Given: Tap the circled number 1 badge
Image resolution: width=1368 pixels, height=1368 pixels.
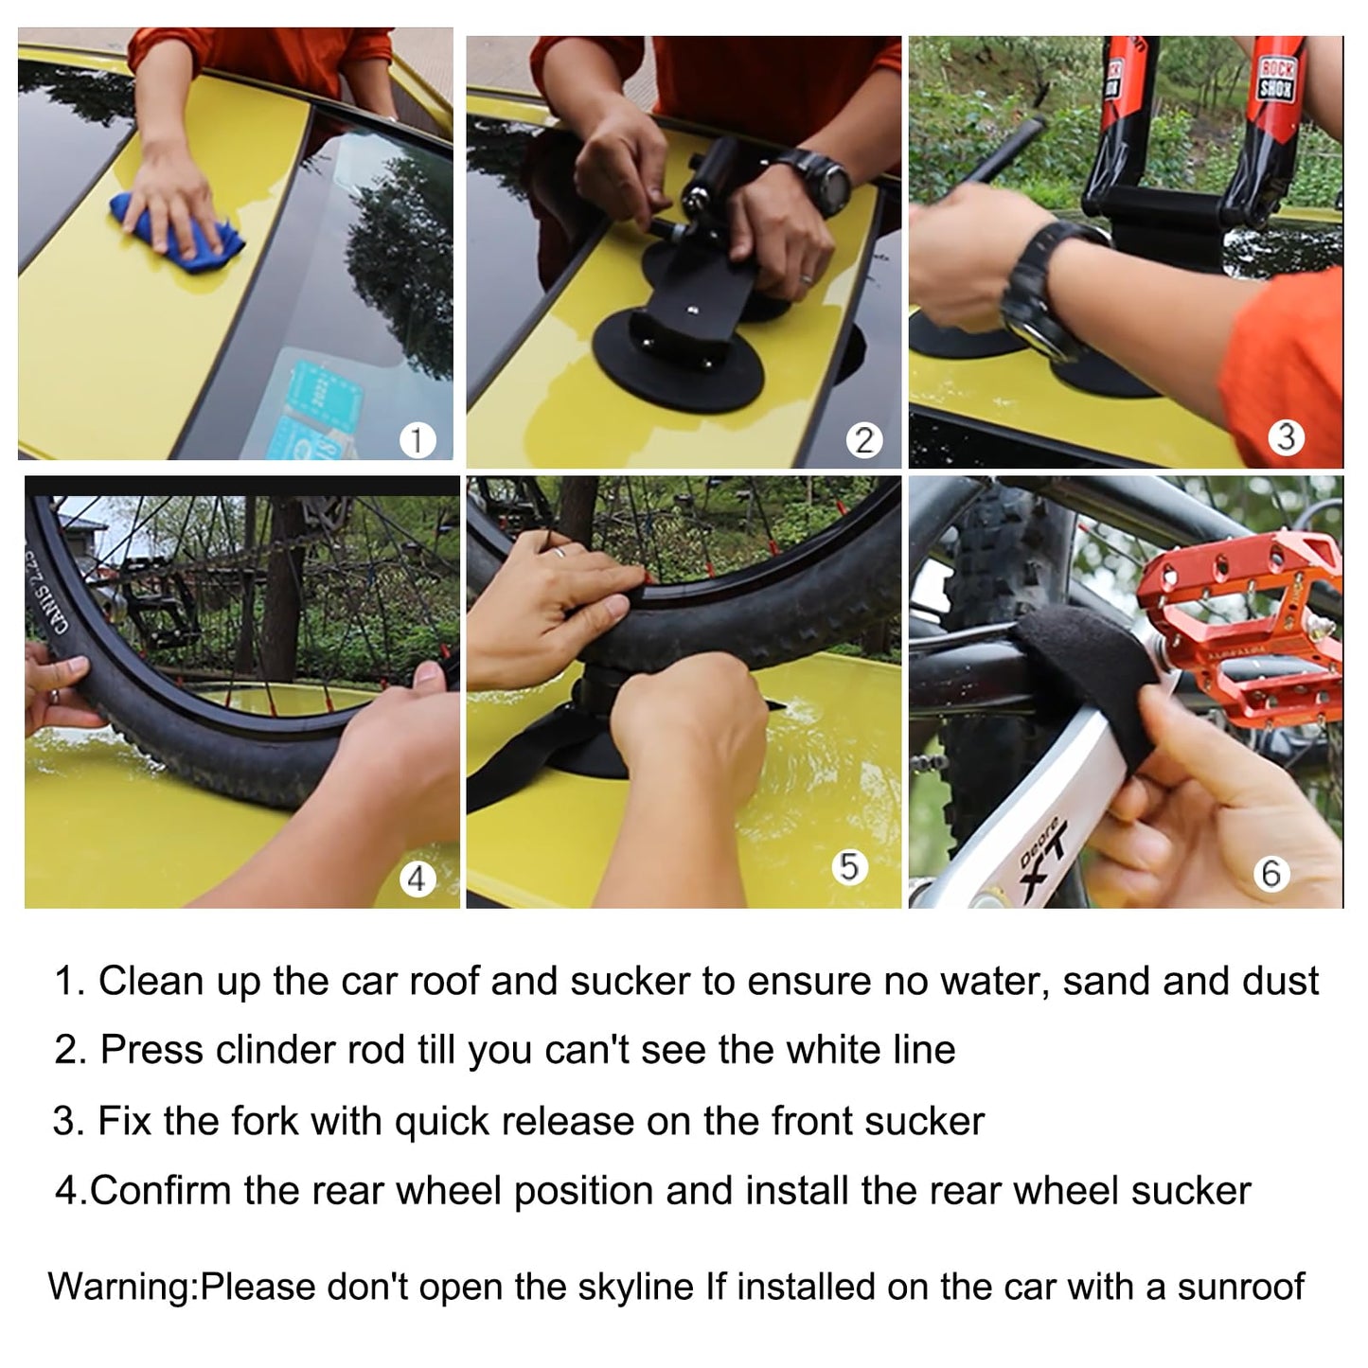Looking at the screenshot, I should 418,440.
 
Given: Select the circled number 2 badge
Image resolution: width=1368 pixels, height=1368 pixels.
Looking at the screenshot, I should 863,441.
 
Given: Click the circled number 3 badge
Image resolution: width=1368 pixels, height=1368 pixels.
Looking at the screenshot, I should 1286,437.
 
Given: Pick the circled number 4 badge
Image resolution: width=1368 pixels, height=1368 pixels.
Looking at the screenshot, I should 417,879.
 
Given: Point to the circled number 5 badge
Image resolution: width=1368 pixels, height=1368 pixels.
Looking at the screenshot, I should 849,866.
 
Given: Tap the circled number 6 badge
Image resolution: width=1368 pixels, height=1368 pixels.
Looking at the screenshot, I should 1271,873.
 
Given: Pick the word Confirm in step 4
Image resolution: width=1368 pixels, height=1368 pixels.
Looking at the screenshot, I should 161,1191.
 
